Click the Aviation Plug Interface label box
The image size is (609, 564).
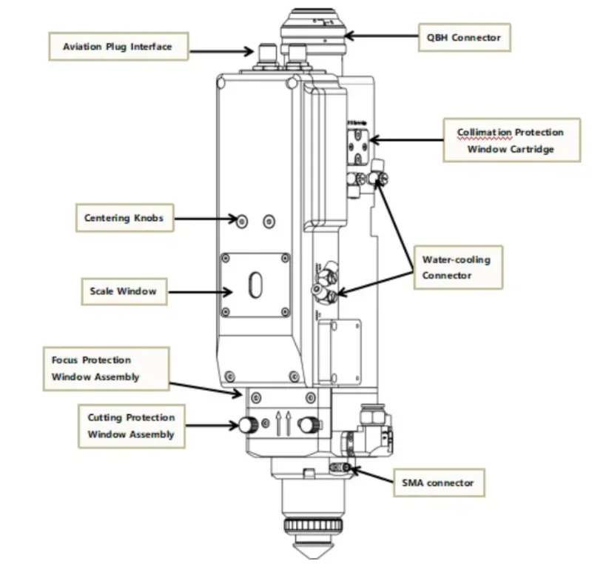click(x=117, y=47)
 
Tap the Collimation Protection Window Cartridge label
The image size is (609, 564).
click(x=511, y=140)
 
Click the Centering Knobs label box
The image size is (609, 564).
click(x=124, y=218)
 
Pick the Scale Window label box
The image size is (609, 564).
click(x=123, y=291)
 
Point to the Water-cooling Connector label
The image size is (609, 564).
click(x=457, y=268)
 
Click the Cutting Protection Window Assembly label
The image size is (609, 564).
click(x=131, y=426)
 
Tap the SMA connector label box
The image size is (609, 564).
click(x=437, y=482)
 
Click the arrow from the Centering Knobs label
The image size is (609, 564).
click(x=203, y=219)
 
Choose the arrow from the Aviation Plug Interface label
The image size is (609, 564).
click(x=221, y=50)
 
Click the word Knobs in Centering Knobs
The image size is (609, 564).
click(x=148, y=218)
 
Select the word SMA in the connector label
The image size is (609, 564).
click(x=412, y=482)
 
